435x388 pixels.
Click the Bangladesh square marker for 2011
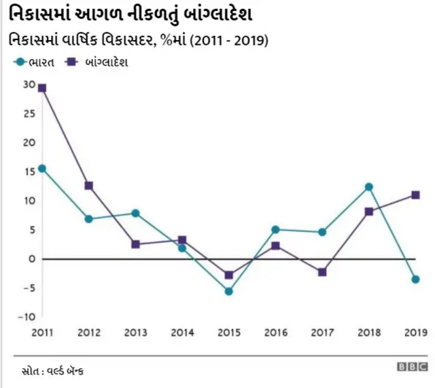pos(42,88)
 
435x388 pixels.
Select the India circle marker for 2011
pos(42,168)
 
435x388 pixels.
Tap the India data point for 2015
pos(228,291)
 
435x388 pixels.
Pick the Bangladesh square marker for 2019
pos(415,195)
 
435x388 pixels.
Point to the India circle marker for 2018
pos(368,187)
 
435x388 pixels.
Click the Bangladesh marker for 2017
pos(322,272)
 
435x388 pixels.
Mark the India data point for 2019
pos(415,279)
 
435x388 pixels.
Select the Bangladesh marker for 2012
pos(89,185)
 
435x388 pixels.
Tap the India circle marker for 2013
pos(135,213)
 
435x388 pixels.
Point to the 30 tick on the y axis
pos(28,84)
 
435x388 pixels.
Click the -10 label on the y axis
pos(26,317)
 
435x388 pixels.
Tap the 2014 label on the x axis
pos(181,332)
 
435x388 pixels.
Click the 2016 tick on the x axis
pos(275,332)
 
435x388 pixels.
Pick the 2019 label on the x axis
pos(415,332)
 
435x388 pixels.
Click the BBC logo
pos(411,367)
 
